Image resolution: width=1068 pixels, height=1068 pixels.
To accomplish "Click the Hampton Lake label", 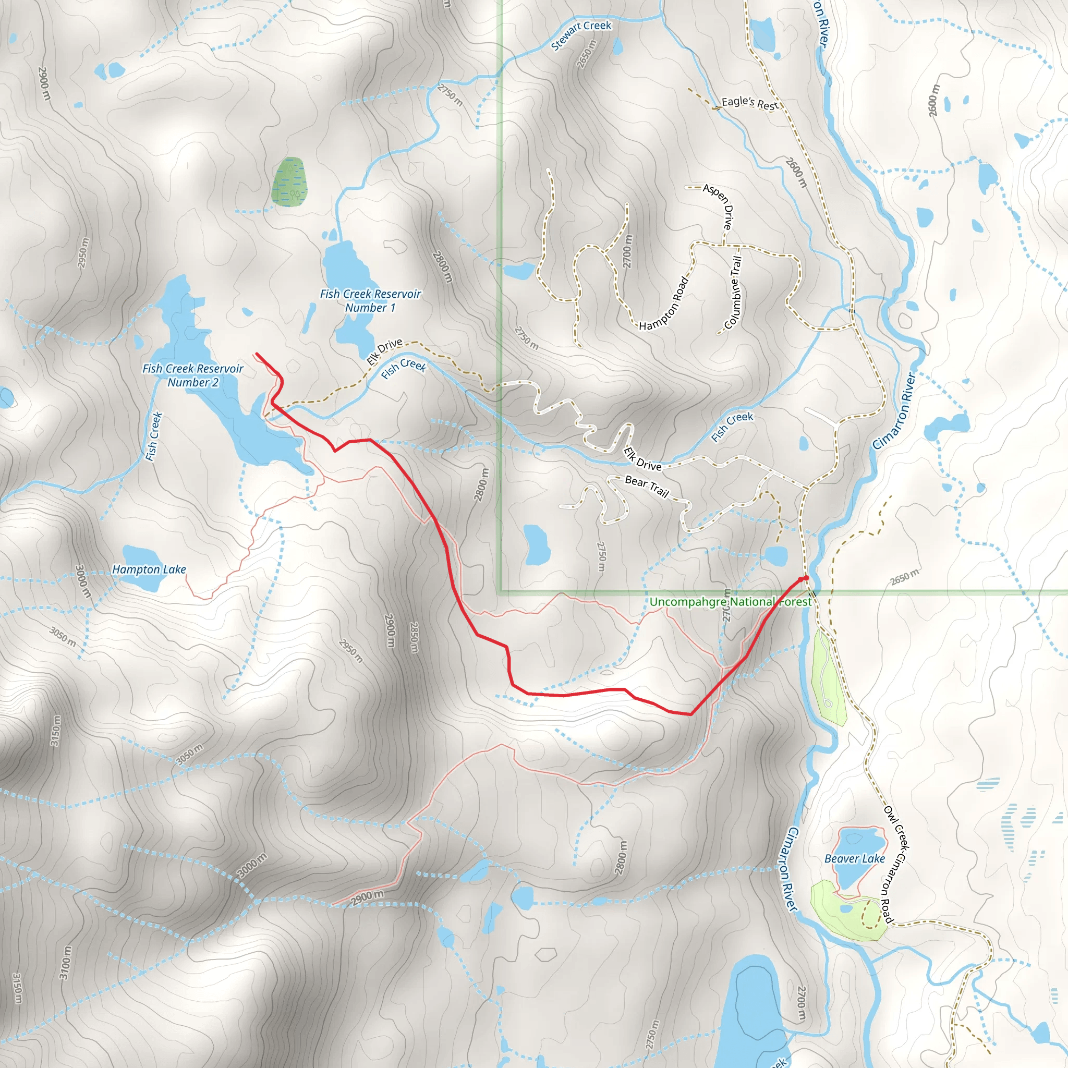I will (149, 569).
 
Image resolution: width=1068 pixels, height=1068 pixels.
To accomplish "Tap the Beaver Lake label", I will (854, 858).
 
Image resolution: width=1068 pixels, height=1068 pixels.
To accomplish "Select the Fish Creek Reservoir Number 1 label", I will (370, 301).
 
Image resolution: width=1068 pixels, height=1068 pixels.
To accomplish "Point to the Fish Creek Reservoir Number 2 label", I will (192, 375).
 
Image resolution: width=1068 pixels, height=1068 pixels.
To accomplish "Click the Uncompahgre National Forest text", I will (730, 601).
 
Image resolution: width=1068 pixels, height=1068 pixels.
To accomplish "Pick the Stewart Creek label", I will (581, 35).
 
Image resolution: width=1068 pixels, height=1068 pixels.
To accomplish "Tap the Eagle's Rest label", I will (749, 103).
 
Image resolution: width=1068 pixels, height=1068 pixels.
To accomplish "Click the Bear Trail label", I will (647, 486).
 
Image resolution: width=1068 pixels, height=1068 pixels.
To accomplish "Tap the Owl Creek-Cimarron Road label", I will (895, 865).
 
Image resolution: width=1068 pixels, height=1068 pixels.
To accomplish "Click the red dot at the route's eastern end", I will (805, 578).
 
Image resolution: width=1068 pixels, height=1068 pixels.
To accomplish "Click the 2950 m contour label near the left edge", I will (83, 252).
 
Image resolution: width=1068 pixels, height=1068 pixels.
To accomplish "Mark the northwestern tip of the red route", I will (257, 354).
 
